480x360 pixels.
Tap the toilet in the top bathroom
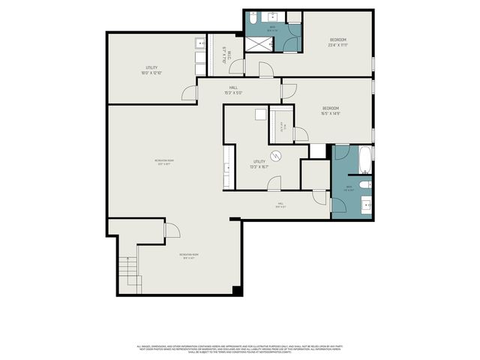pos(254,17)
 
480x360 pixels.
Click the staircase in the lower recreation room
pos(128,265)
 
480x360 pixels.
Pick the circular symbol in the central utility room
pos(276,156)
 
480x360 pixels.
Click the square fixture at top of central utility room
pos(260,115)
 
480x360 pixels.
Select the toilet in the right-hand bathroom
pos(364,183)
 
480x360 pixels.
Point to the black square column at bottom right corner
pos(237,290)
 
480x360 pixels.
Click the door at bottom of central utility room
pos(274,183)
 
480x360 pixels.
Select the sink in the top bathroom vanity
pos(271,17)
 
